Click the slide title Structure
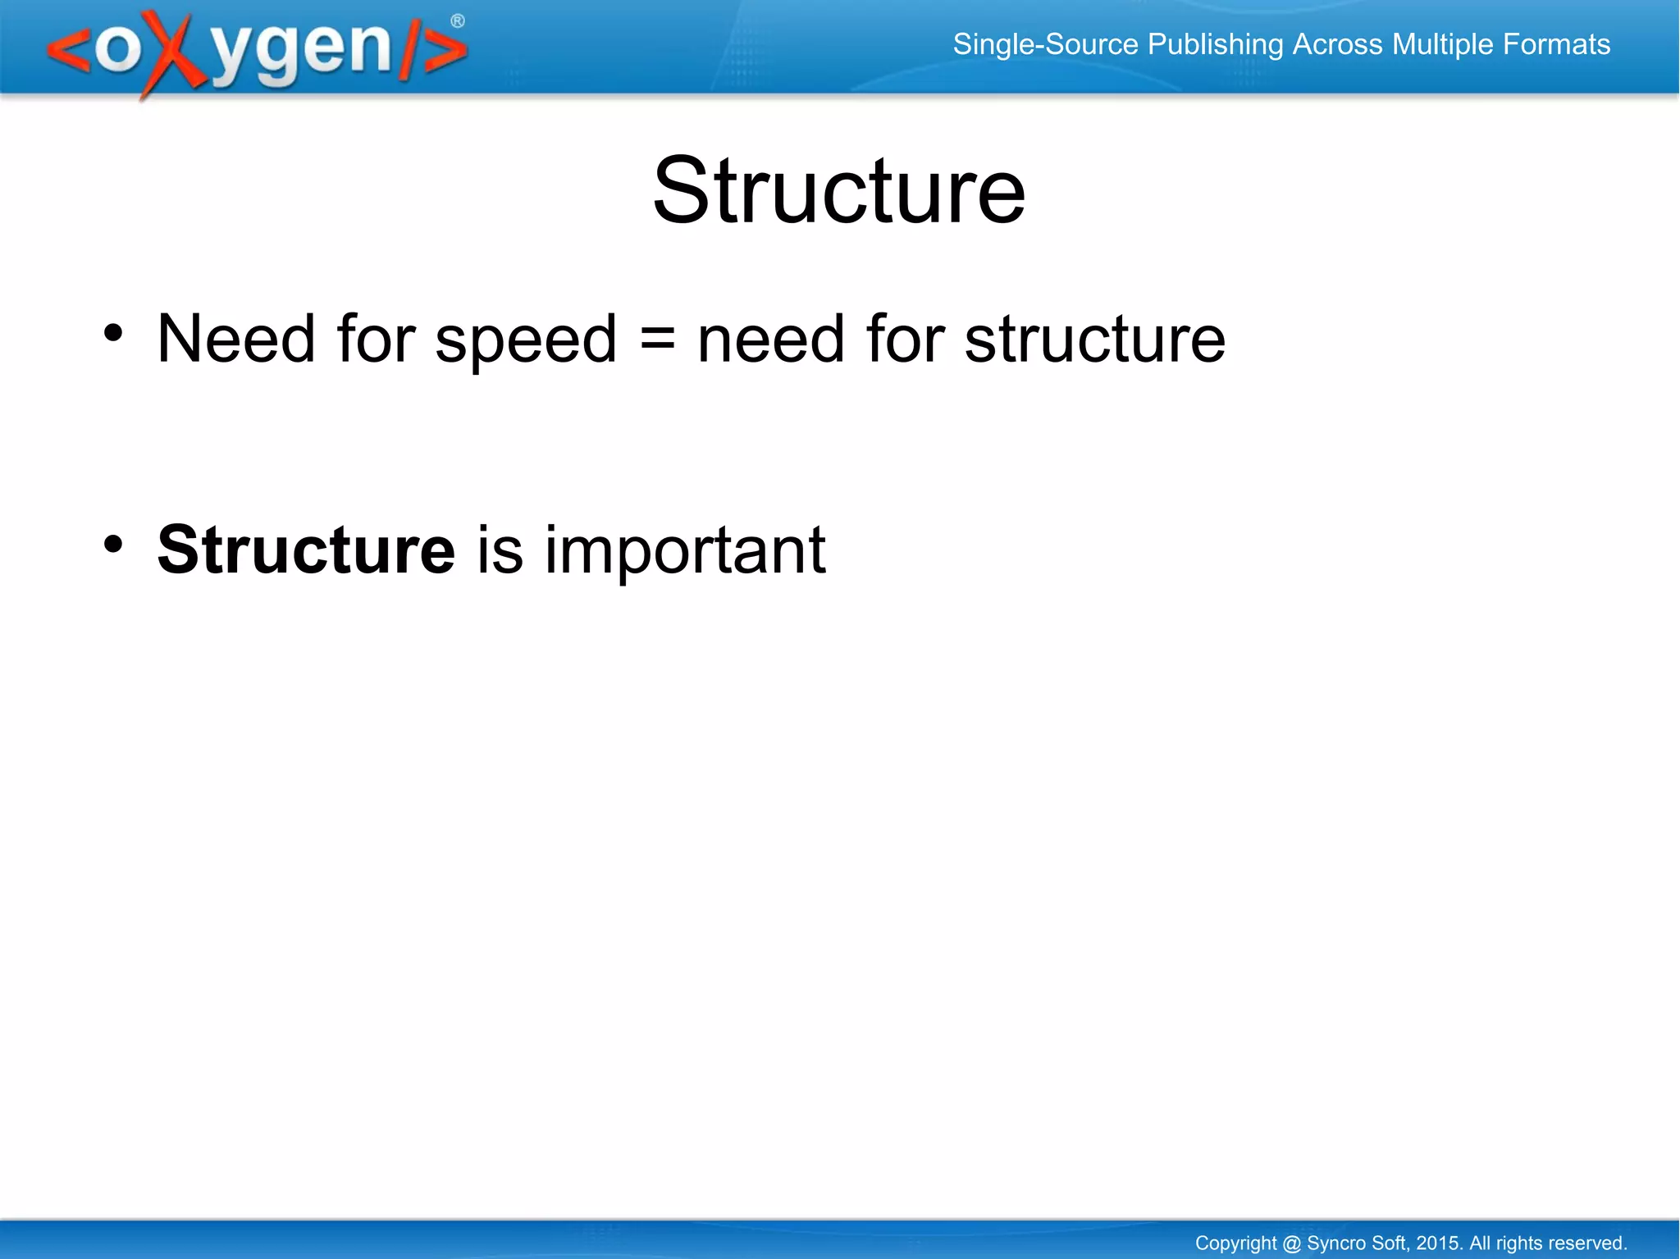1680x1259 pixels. click(x=838, y=191)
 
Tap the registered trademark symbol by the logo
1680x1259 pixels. click(x=458, y=21)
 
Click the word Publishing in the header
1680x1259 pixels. click(x=1215, y=45)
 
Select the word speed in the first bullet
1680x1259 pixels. click(x=525, y=340)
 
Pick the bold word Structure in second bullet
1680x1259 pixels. click(x=305, y=550)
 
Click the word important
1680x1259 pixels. click(x=684, y=551)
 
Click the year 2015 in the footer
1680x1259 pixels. click(x=1438, y=1243)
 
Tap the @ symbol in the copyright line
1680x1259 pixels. click(x=1291, y=1243)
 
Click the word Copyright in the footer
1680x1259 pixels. click(x=1235, y=1243)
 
